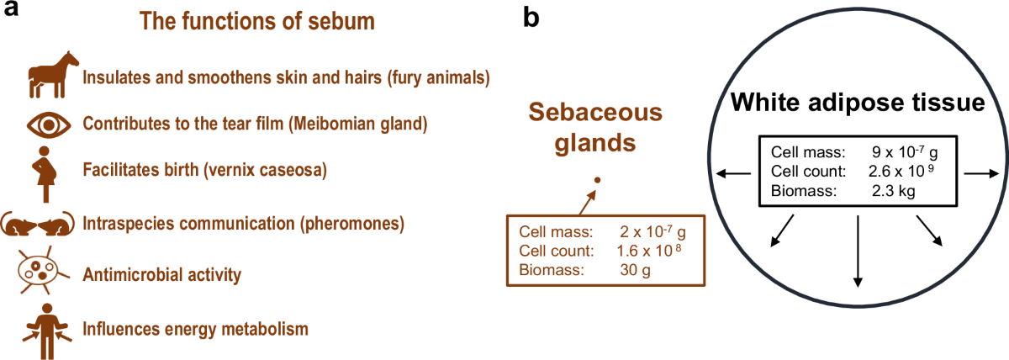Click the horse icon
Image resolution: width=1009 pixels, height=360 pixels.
point(49,76)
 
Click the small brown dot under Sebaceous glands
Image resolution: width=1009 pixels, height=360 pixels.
point(597,180)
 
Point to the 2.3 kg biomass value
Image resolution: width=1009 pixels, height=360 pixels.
point(893,191)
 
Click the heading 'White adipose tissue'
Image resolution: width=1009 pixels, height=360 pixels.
point(858,104)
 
